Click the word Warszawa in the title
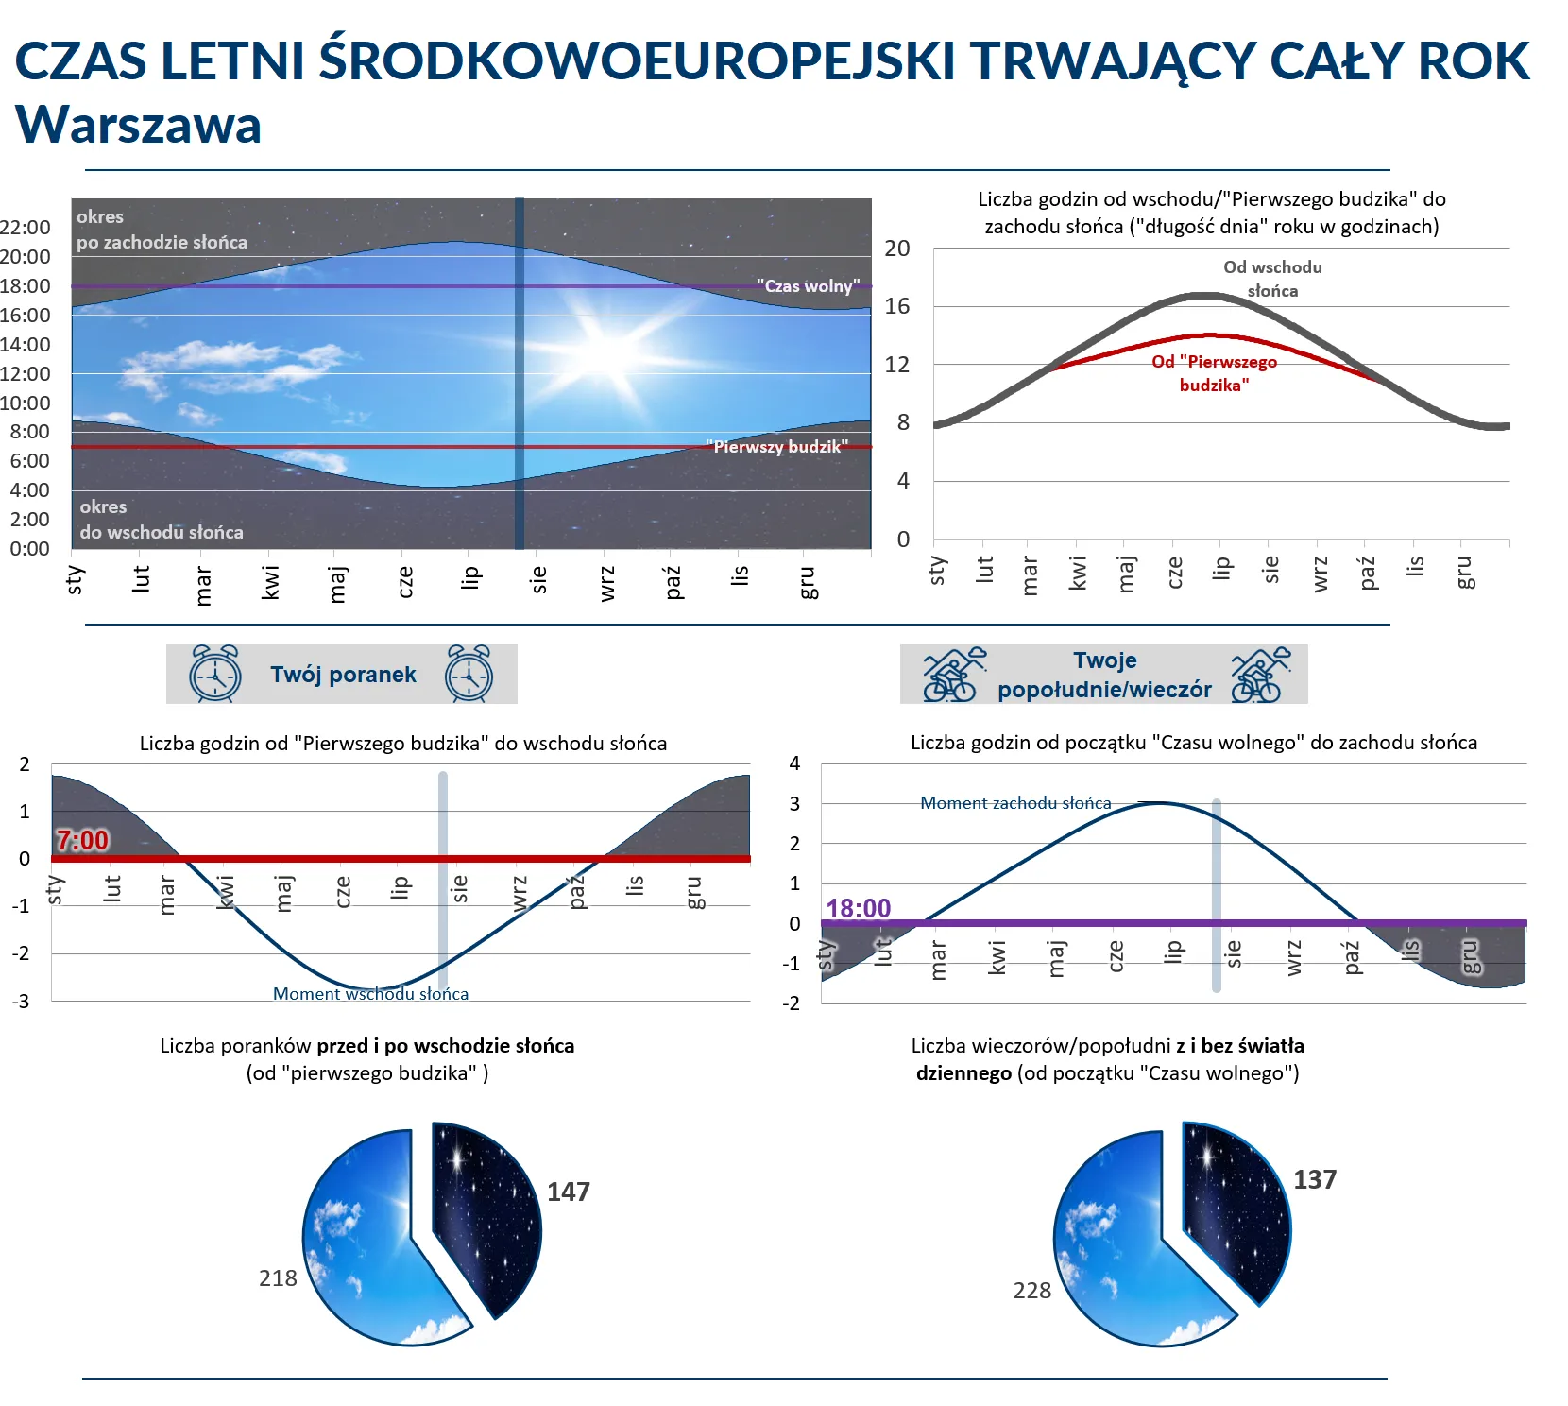coord(138,125)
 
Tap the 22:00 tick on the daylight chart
coord(26,227)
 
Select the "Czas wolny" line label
coord(808,285)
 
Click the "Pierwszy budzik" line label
coord(776,446)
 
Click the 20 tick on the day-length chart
coord(896,249)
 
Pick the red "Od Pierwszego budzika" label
coord(1214,373)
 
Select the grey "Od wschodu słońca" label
coord(1272,279)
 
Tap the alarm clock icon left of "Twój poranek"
coord(215,674)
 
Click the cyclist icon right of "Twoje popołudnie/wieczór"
coord(1260,675)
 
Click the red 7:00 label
coord(82,840)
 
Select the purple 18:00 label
coord(858,908)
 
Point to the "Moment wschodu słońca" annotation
coord(370,993)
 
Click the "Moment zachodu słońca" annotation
coord(1015,802)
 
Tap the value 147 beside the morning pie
coord(569,1192)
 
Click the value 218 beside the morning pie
coord(278,1278)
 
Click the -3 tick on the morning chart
coord(21,1001)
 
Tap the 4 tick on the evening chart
coord(794,763)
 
